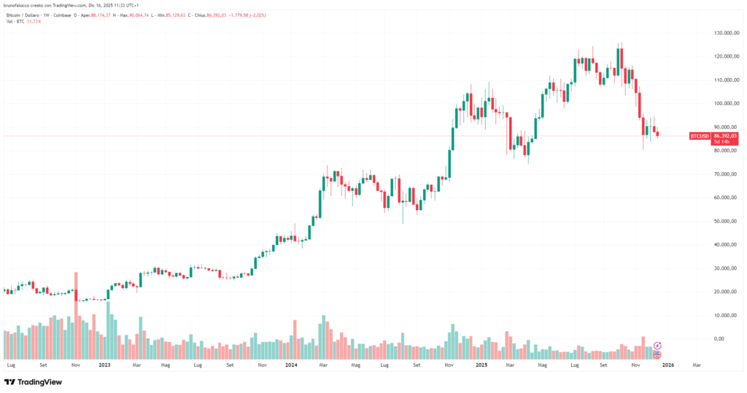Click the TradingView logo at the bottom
click(x=33, y=381)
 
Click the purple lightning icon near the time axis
click(x=657, y=345)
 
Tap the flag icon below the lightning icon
click(x=657, y=354)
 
